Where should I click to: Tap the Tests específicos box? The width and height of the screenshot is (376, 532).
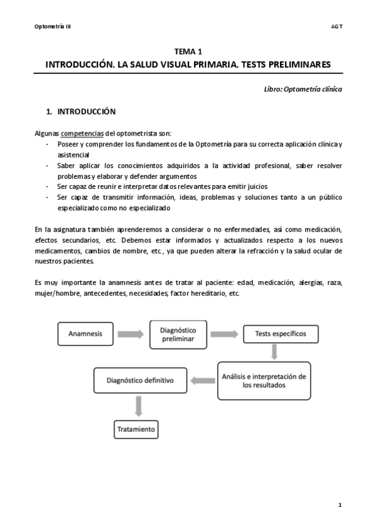click(x=281, y=334)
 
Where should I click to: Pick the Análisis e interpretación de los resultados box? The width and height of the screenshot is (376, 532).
click(x=264, y=381)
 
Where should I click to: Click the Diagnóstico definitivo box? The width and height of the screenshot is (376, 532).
click(x=140, y=380)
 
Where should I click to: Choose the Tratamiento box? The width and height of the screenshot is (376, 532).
click(x=136, y=430)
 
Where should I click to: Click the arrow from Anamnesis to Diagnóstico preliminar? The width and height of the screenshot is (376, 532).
click(x=130, y=334)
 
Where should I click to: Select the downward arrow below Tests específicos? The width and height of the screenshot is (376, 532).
click(x=274, y=353)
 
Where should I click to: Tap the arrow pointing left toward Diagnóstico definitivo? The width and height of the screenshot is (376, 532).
click(x=203, y=380)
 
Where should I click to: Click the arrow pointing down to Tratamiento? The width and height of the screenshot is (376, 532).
click(x=138, y=406)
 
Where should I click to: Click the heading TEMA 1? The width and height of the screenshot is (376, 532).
click(x=188, y=53)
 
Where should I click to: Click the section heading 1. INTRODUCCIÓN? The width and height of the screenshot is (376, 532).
click(x=81, y=112)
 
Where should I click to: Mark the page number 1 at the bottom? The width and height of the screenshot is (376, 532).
click(x=340, y=504)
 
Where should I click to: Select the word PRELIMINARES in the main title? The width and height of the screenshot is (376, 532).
click(x=296, y=65)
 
